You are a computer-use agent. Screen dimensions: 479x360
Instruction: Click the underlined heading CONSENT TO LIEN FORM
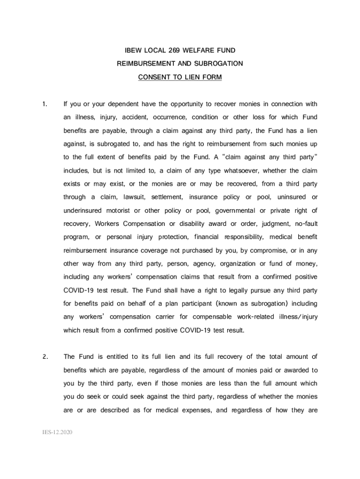point(180,77)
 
